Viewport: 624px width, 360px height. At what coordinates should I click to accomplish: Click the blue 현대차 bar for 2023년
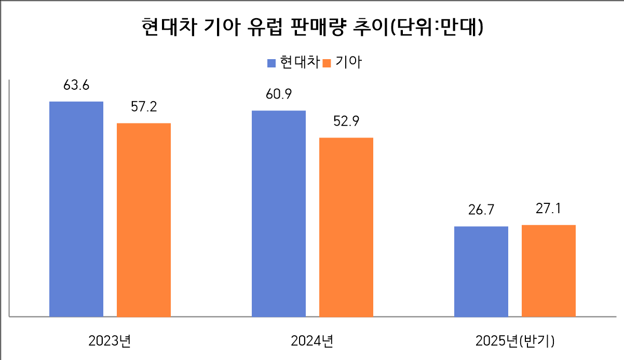(x=76, y=209)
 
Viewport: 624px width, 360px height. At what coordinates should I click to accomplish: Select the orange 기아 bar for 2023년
(x=144, y=219)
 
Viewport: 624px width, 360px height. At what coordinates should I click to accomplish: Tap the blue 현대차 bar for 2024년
(x=279, y=213)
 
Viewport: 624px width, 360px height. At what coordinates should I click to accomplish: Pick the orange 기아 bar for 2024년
(x=346, y=227)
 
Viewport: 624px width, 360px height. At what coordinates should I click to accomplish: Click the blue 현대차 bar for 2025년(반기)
(x=481, y=271)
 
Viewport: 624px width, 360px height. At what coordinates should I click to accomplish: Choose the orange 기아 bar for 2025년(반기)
(x=549, y=270)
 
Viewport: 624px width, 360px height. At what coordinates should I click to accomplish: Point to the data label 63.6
(x=76, y=86)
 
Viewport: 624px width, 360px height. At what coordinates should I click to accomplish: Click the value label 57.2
(x=144, y=107)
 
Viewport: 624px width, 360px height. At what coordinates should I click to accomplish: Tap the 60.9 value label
(x=279, y=95)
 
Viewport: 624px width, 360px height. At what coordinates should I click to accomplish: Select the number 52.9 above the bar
(x=346, y=121)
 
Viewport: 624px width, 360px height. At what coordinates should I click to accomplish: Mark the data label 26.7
(x=481, y=211)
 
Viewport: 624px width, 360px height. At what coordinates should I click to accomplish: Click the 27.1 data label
(x=549, y=209)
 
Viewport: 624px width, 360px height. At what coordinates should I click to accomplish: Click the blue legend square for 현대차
(x=272, y=63)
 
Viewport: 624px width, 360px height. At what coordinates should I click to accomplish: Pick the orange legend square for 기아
(x=327, y=63)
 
